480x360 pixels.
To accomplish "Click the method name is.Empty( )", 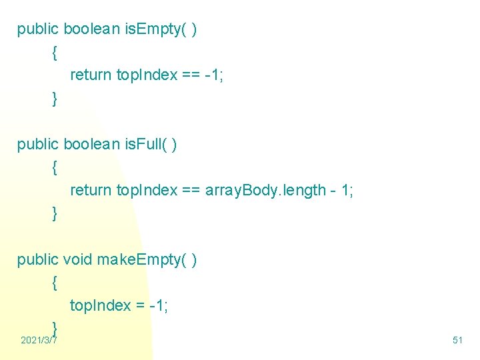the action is pyautogui.click(x=161, y=29).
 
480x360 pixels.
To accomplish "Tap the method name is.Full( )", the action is pyautogui.click(x=151, y=145).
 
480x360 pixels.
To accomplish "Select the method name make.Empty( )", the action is pyautogui.click(x=147, y=260).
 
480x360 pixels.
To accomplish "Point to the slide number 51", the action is pyautogui.click(x=457, y=341).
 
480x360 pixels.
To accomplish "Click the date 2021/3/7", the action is pyautogui.click(x=39, y=341).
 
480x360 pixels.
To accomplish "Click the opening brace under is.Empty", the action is pyautogui.click(x=54, y=52).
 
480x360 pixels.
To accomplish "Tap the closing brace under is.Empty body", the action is pyautogui.click(x=54, y=98).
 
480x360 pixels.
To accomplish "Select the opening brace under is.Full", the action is pyautogui.click(x=54, y=167).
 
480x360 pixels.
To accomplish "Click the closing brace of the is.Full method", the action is pyautogui.click(x=54, y=213).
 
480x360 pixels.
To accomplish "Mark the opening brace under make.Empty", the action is pyautogui.click(x=54, y=283).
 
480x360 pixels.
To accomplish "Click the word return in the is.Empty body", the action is pyautogui.click(x=91, y=75).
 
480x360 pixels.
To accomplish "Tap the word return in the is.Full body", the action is pyautogui.click(x=91, y=191).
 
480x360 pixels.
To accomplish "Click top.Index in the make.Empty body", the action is pyautogui.click(x=100, y=306).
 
